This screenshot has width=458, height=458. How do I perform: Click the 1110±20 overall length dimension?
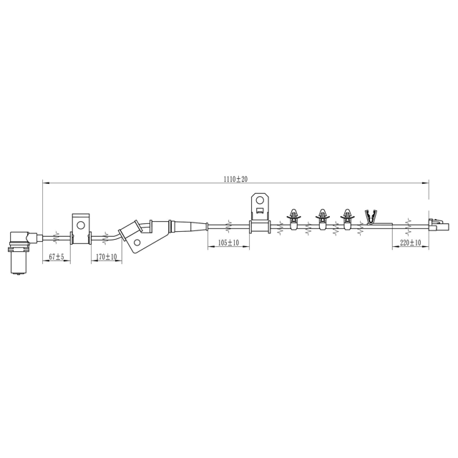[235, 179]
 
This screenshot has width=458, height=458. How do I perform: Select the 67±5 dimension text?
[56, 257]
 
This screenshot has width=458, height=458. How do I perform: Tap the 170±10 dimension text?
[107, 257]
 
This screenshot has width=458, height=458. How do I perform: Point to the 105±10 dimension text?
[228, 243]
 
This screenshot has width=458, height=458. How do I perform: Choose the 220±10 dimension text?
[410, 243]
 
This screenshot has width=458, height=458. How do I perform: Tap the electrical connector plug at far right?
[439, 225]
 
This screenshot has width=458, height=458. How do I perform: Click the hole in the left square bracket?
[80, 225]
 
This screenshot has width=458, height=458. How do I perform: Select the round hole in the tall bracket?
[260, 200]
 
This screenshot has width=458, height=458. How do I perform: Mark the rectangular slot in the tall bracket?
[260, 210]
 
